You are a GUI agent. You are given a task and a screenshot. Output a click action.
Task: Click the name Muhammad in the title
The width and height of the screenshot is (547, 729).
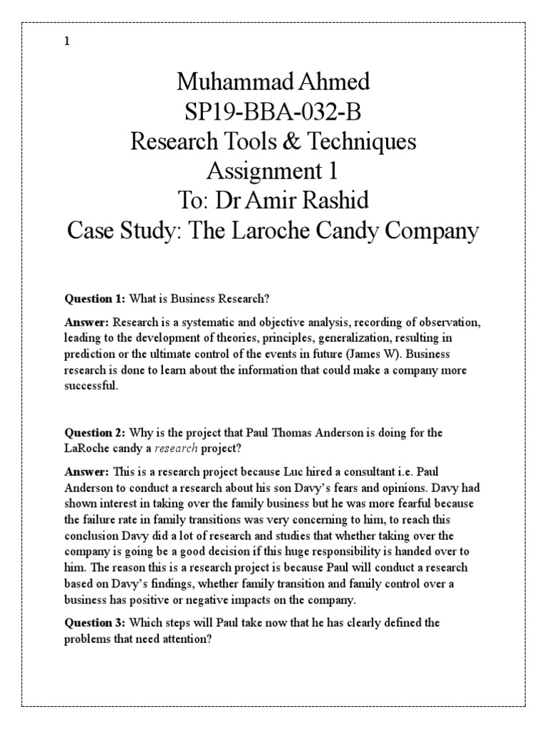pyautogui.click(x=226, y=82)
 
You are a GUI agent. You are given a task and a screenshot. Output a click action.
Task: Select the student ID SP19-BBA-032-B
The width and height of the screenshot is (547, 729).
pyautogui.click(x=273, y=112)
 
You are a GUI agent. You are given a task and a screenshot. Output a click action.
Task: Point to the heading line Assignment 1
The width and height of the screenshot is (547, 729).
pyautogui.click(x=273, y=172)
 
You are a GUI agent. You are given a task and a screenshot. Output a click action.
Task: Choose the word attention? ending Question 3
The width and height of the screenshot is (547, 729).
pyautogui.click(x=191, y=638)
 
